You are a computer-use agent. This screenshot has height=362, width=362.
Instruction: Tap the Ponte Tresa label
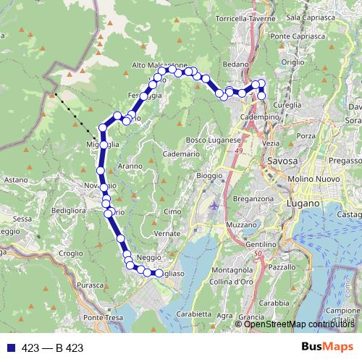coord(101,318)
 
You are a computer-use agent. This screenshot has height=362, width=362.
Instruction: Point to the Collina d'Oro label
coord(230,280)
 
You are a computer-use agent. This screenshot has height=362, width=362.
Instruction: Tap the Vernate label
coord(167,234)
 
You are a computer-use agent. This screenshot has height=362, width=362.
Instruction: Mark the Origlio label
coord(293,63)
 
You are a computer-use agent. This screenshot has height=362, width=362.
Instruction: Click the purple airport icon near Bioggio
coord(214,207)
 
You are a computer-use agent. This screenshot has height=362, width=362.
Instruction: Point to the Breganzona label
coord(253,198)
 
